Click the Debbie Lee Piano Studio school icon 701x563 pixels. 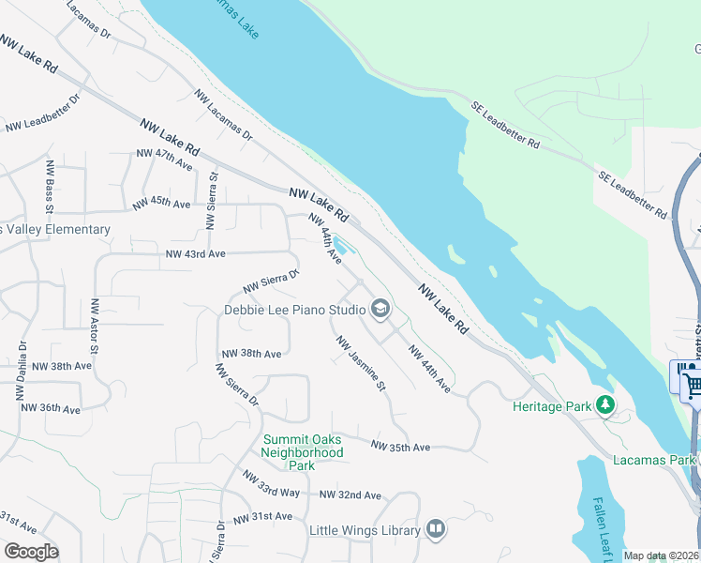tap(380, 309)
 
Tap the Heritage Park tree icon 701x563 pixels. tap(606, 405)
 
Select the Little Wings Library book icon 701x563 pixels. tap(435, 530)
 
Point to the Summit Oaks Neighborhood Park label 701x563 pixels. tap(302, 452)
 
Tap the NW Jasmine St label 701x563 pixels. tap(362, 365)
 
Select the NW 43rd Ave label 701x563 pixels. tap(196, 254)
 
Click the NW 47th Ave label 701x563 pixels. tap(164, 159)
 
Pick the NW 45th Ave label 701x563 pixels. tap(161, 203)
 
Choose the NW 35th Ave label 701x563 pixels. tap(400, 447)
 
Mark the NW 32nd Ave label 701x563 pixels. tap(350, 495)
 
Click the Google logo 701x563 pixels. tap(31, 551)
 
